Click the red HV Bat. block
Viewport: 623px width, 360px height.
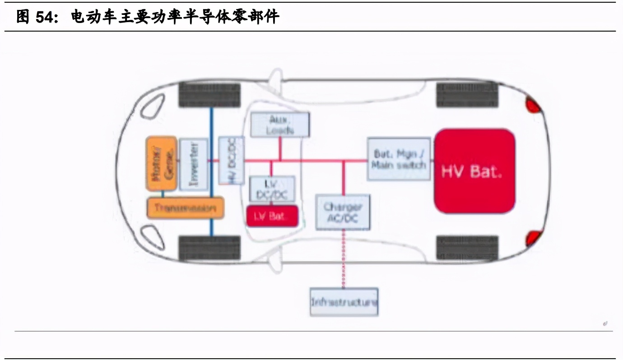click(x=474, y=171)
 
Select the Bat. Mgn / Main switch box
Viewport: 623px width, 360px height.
click(x=399, y=159)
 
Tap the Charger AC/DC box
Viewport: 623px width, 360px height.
click(x=343, y=212)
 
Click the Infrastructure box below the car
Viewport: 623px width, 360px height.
click(x=344, y=302)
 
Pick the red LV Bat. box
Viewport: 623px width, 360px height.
click(x=272, y=216)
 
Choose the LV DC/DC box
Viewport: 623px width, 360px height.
click(x=272, y=189)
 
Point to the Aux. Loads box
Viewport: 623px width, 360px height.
click(x=280, y=124)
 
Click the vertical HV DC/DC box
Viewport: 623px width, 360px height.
click(x=231, y=161)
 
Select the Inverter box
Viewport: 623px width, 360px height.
click(x=194, y=164)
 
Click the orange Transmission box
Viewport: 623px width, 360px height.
click(x=186, y=208)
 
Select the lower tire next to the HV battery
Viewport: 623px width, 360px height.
click(x=467, y=248)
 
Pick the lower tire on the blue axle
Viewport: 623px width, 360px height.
click(x=209, y=248)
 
